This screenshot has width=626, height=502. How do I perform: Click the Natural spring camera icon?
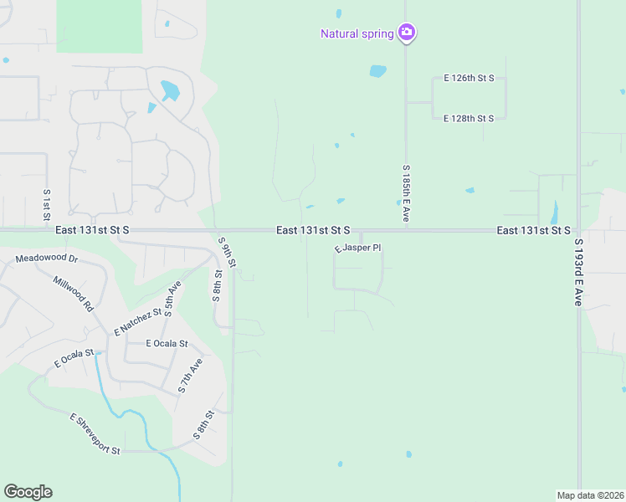tap(407, 33)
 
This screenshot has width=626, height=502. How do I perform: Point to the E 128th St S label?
tap(469, 119)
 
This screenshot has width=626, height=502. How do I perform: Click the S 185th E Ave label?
tap(405, 193)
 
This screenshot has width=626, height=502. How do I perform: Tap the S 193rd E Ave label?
tap(577, 272)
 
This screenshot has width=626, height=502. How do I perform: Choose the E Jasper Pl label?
tap(358, 248)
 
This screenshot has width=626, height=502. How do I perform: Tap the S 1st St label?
tap(47, 206)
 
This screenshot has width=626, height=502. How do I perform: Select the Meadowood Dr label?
tap(46, 259)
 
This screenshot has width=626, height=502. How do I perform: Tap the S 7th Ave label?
tap(191, 376)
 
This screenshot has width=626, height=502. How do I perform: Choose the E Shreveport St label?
tap(95, 434)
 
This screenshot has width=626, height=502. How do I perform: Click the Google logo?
tap(28, 492)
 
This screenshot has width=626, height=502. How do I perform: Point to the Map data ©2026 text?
tap(590, 495)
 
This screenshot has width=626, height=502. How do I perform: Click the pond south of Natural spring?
tap(378, 71)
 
